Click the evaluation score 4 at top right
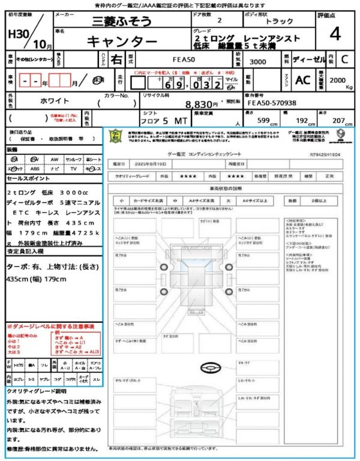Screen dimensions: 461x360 tap(335, 34)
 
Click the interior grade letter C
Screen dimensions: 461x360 tap(344, 60)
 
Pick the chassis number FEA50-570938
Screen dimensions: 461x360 tap(270, 103)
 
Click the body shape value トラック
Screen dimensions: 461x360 tap(280, 21)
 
